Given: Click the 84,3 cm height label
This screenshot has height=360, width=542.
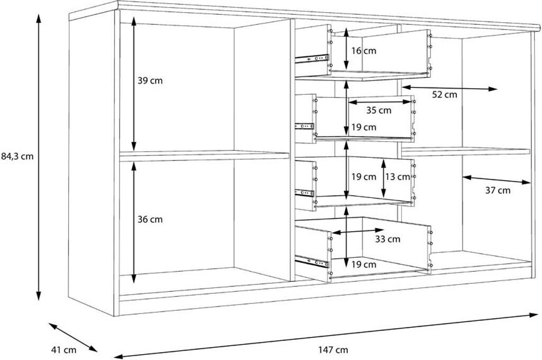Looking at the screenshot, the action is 17,156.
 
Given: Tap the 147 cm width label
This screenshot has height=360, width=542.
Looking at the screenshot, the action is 333,349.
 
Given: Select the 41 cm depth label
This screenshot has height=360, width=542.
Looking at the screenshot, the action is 64,350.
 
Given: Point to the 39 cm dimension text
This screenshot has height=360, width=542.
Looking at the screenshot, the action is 150,80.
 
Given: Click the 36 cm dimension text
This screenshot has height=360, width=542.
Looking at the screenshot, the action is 150,219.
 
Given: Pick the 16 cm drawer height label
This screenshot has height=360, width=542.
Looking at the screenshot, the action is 364,51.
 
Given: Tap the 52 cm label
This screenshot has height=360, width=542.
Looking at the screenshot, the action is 445,94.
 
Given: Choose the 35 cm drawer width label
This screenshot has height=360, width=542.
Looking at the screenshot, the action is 379,110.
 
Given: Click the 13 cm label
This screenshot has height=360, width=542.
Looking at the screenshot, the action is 398,177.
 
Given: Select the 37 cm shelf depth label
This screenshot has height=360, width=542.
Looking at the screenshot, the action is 498,190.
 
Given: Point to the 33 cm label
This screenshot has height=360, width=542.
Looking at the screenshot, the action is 388,239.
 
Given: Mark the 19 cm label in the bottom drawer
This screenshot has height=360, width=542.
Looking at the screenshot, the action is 364,265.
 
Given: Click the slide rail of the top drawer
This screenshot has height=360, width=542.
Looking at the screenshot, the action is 311,59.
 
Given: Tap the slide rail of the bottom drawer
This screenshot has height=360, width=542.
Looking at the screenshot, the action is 311,261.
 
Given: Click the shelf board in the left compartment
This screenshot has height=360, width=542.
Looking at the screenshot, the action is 204,156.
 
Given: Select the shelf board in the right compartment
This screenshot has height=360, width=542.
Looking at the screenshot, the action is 466,151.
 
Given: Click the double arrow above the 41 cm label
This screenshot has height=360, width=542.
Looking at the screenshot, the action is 73,337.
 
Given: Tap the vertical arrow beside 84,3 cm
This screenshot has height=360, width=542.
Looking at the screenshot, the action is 39,157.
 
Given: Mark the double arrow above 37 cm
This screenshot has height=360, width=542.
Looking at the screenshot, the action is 496,180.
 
